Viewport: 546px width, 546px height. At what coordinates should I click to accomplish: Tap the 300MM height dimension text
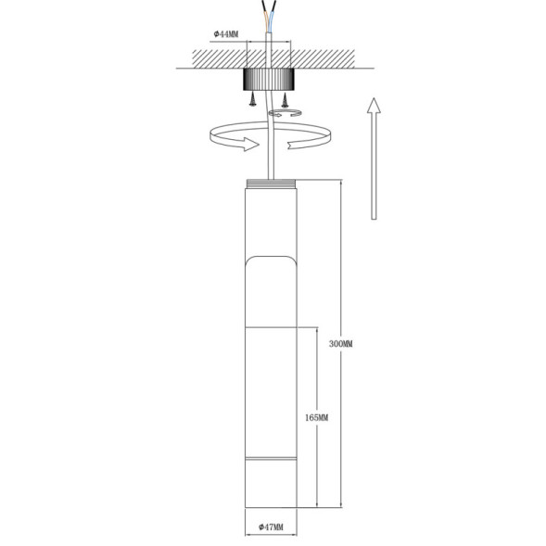coord(341,343)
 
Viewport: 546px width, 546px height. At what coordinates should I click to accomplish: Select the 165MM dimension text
coord(316,418)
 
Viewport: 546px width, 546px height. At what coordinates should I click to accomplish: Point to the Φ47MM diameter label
coord(271,528)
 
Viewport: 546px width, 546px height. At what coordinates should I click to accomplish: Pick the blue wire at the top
coord(274,12)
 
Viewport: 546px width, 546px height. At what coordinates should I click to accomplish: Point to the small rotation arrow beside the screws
coord(281,112)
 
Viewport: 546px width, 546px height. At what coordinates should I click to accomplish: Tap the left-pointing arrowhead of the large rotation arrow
coord(295,143)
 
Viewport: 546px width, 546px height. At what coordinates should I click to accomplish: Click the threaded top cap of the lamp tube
coord(271,183)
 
